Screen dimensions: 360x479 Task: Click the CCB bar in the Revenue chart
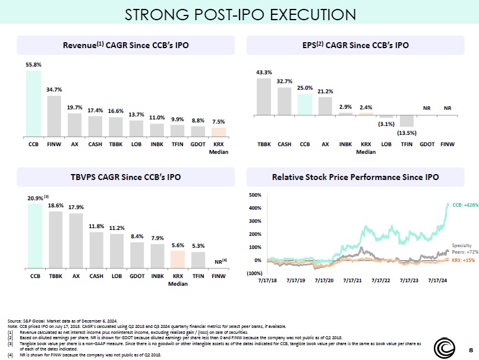click(x=33, y=103)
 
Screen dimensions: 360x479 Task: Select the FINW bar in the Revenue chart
click(x=54, y=116)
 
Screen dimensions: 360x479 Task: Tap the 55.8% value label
click(x=33, y=64)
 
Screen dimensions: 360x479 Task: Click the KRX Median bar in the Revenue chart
click(x=219, y=132)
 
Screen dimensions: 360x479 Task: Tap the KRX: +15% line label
click(x=465, y=260)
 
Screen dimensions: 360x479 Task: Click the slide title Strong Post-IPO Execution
click(x=239, y=14)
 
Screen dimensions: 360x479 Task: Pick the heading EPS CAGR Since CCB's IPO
click(x=355, y=45)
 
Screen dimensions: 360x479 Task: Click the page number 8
click(x=471, y=349)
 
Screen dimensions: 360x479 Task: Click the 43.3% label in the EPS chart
click(x=264, y=72)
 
